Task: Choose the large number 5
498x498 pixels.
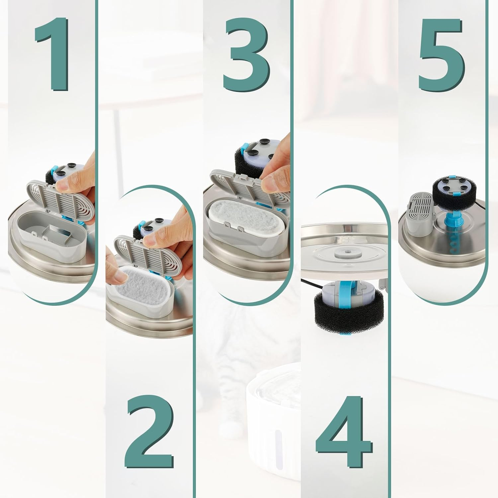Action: (441, 54)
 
